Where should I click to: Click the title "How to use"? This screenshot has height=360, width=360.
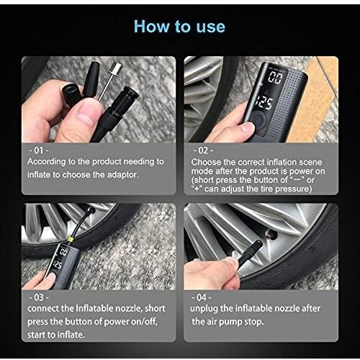coord(179,26)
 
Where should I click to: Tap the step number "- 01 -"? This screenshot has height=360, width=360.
coord(39,150)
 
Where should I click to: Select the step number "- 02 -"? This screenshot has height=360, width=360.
coord(203,150)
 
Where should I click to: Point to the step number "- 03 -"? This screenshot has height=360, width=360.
coord(39,297)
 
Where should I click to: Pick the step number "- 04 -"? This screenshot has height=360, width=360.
coord(202,297)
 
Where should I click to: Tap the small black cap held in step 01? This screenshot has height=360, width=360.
coord(72,95)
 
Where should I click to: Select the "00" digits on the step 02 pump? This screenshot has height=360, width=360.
coord(275,77)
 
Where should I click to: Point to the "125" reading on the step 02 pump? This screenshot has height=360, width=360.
coord(264,104)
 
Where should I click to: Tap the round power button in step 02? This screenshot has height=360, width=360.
coord(258,120)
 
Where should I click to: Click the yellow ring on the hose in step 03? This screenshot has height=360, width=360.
coord(71,239)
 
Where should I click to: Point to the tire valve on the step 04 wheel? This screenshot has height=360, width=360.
coord(271,235)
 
